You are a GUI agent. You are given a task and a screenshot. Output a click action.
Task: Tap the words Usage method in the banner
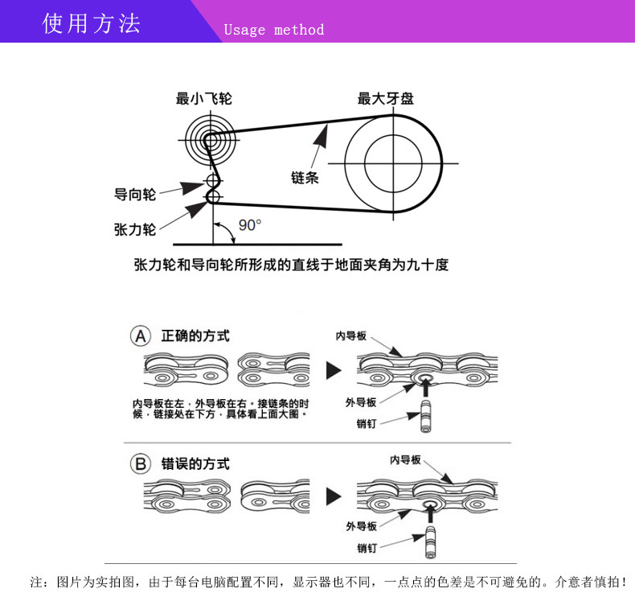[273, 30]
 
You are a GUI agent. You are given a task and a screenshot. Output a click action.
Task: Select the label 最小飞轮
[204, 99]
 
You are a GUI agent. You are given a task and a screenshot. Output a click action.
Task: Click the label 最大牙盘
[386, 99]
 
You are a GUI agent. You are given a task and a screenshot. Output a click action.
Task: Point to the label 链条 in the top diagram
[305, 177]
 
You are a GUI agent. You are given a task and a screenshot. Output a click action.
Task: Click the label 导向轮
[135, 194]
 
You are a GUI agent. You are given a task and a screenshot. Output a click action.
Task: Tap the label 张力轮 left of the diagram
[135, 229]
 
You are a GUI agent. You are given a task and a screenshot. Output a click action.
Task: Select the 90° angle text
[250, 224]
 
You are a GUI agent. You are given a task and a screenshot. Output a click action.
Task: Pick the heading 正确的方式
[195, 335]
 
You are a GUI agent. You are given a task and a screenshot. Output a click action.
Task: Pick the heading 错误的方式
[195, 464]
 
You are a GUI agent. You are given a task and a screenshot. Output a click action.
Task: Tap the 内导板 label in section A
[351, 335]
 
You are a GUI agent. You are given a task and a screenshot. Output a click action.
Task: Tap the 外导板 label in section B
[362, 526]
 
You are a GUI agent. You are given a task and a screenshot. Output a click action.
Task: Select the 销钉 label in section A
[367, 424]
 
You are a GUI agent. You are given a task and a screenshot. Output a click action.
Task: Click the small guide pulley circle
[212, 179]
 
